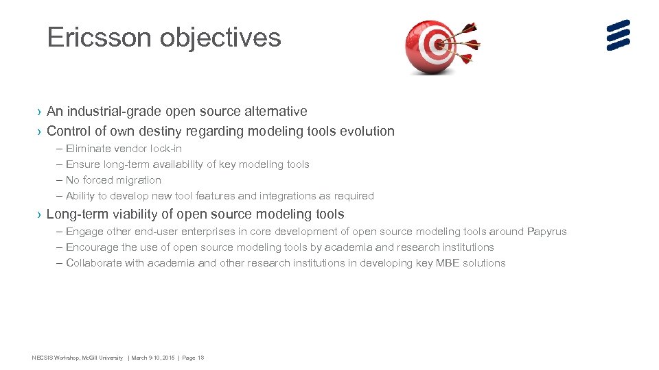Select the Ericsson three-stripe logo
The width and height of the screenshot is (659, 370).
tap(618, 36)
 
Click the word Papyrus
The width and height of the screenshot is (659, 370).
tap(547, 232)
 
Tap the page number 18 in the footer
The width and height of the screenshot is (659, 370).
tap(200, 358)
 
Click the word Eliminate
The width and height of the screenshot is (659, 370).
tap(88, 149)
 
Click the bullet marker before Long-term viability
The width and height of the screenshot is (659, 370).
tap(40, 215)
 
